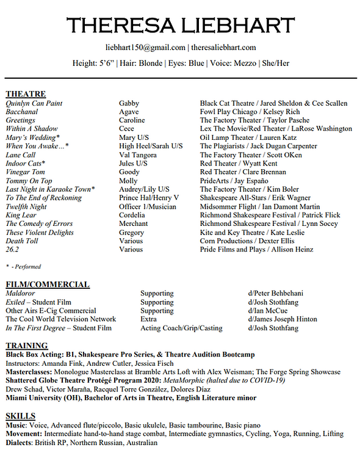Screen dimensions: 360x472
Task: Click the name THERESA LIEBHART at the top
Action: tap(180, 25)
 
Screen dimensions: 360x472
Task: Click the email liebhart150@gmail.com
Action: tap(144, 48)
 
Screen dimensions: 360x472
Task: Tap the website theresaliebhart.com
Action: tap(223, 48)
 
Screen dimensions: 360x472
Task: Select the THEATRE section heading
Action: tap(26, 94)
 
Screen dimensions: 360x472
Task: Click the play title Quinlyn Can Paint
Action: tap(34, 103)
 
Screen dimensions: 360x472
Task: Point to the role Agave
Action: tap(129, 112)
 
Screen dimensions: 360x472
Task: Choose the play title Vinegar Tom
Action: tap(24, 172)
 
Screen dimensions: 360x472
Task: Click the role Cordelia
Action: tap(132, 215)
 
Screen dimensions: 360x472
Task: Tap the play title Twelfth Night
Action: tap(26, 206)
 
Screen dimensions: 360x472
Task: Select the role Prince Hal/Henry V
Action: tap(149, 198)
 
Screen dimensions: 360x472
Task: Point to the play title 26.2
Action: tap(12, 249)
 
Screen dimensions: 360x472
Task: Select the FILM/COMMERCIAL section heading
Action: tap(48, 285)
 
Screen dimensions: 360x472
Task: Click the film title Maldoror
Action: tap(22, 294)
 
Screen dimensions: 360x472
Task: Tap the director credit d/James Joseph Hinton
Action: tap(283, 319)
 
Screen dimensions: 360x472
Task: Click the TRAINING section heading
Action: tap(27, 346)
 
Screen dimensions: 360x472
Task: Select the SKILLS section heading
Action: tap(20, 416)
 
